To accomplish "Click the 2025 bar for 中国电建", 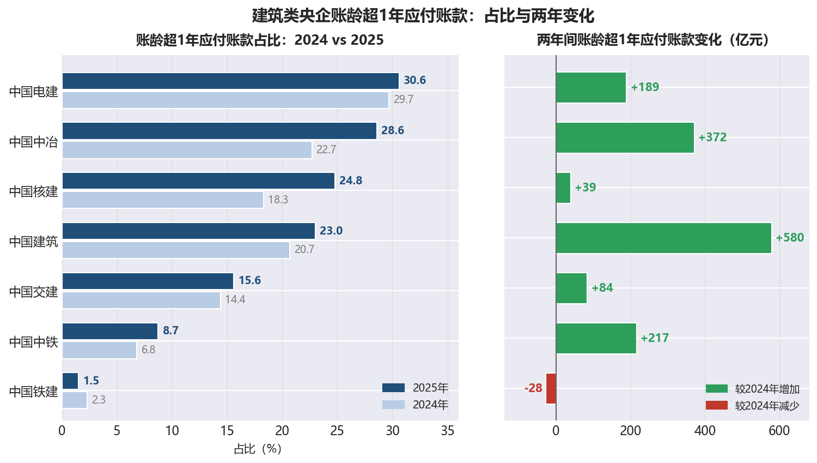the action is pyautogui.click(x=230, y=81).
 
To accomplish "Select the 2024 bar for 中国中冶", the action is pyautogui.click(x=187, y=150).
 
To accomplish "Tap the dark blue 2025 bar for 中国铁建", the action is pyautogui.click(x=70, y=381).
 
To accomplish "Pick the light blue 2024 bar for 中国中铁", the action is pyautogui.click(x=100, y=350).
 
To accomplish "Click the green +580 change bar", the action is pyautogui.click(x=664, y=238).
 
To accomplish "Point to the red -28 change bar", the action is pyautogui.click(x=551, y=388).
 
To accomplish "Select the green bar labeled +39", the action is pyautogui.click(x=564, y=188).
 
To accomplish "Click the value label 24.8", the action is pyautogui.click(x=351, y=181).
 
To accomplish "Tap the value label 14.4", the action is pyautogui.click(x=235, y=300).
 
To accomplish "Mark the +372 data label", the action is pyautogui.click(x=712, y=137).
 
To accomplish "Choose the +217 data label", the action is pyautogui.click(x=655, y=338).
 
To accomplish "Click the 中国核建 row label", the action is pyautogui.click(x=34, y=191).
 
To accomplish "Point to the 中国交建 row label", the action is pyautogui.click(x=34, y=292).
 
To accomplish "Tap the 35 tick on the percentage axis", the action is pyautogui.click(x=448, y=431).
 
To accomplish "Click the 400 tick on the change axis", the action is pyautogui.click(x=705, y=431).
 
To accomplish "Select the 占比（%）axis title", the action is pyautogui.click(x=258, y=449).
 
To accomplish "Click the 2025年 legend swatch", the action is pyautogui.click(x=394, y=388).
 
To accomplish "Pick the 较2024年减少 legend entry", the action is pyautogui.click(x=752, y=406).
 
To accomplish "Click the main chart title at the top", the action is pyautogui.click(x=423, y=16).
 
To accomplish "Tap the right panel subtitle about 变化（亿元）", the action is pyautogui.click(x=654, y=40).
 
